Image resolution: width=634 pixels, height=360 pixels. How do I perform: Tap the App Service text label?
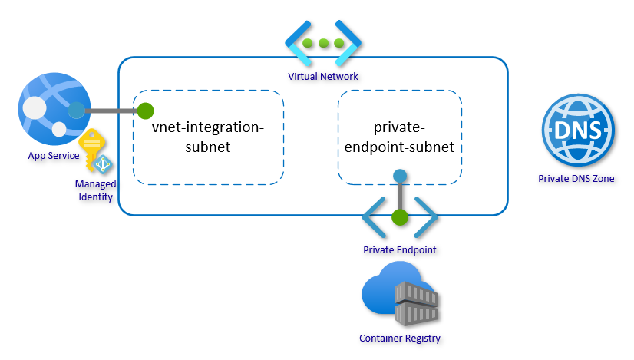click(x=53, y=157)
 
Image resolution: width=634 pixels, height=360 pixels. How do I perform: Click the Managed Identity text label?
click(x=95, y=190)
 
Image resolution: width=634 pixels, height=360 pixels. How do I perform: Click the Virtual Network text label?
click(x=323, y=77)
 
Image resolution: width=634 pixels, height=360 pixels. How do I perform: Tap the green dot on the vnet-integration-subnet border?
click(x=145, y=111)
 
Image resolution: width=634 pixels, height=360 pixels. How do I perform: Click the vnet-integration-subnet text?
click(x=208, y=137)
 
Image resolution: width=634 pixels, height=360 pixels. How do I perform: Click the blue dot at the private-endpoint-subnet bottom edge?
click(x=399, y=176)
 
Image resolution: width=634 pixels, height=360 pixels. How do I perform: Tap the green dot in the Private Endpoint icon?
click(x=399, y=216)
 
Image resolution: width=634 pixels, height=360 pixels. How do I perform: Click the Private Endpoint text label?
click(x=400, y=250)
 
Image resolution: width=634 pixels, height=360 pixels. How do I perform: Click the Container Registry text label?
click(x=400, y=339)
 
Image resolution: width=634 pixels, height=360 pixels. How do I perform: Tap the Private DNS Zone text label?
click(x=576, y=179)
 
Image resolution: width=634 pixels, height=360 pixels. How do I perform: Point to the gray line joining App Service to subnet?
click(x=111, y=111)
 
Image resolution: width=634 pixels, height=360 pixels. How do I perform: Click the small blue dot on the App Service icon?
click(x=76, y=111)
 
